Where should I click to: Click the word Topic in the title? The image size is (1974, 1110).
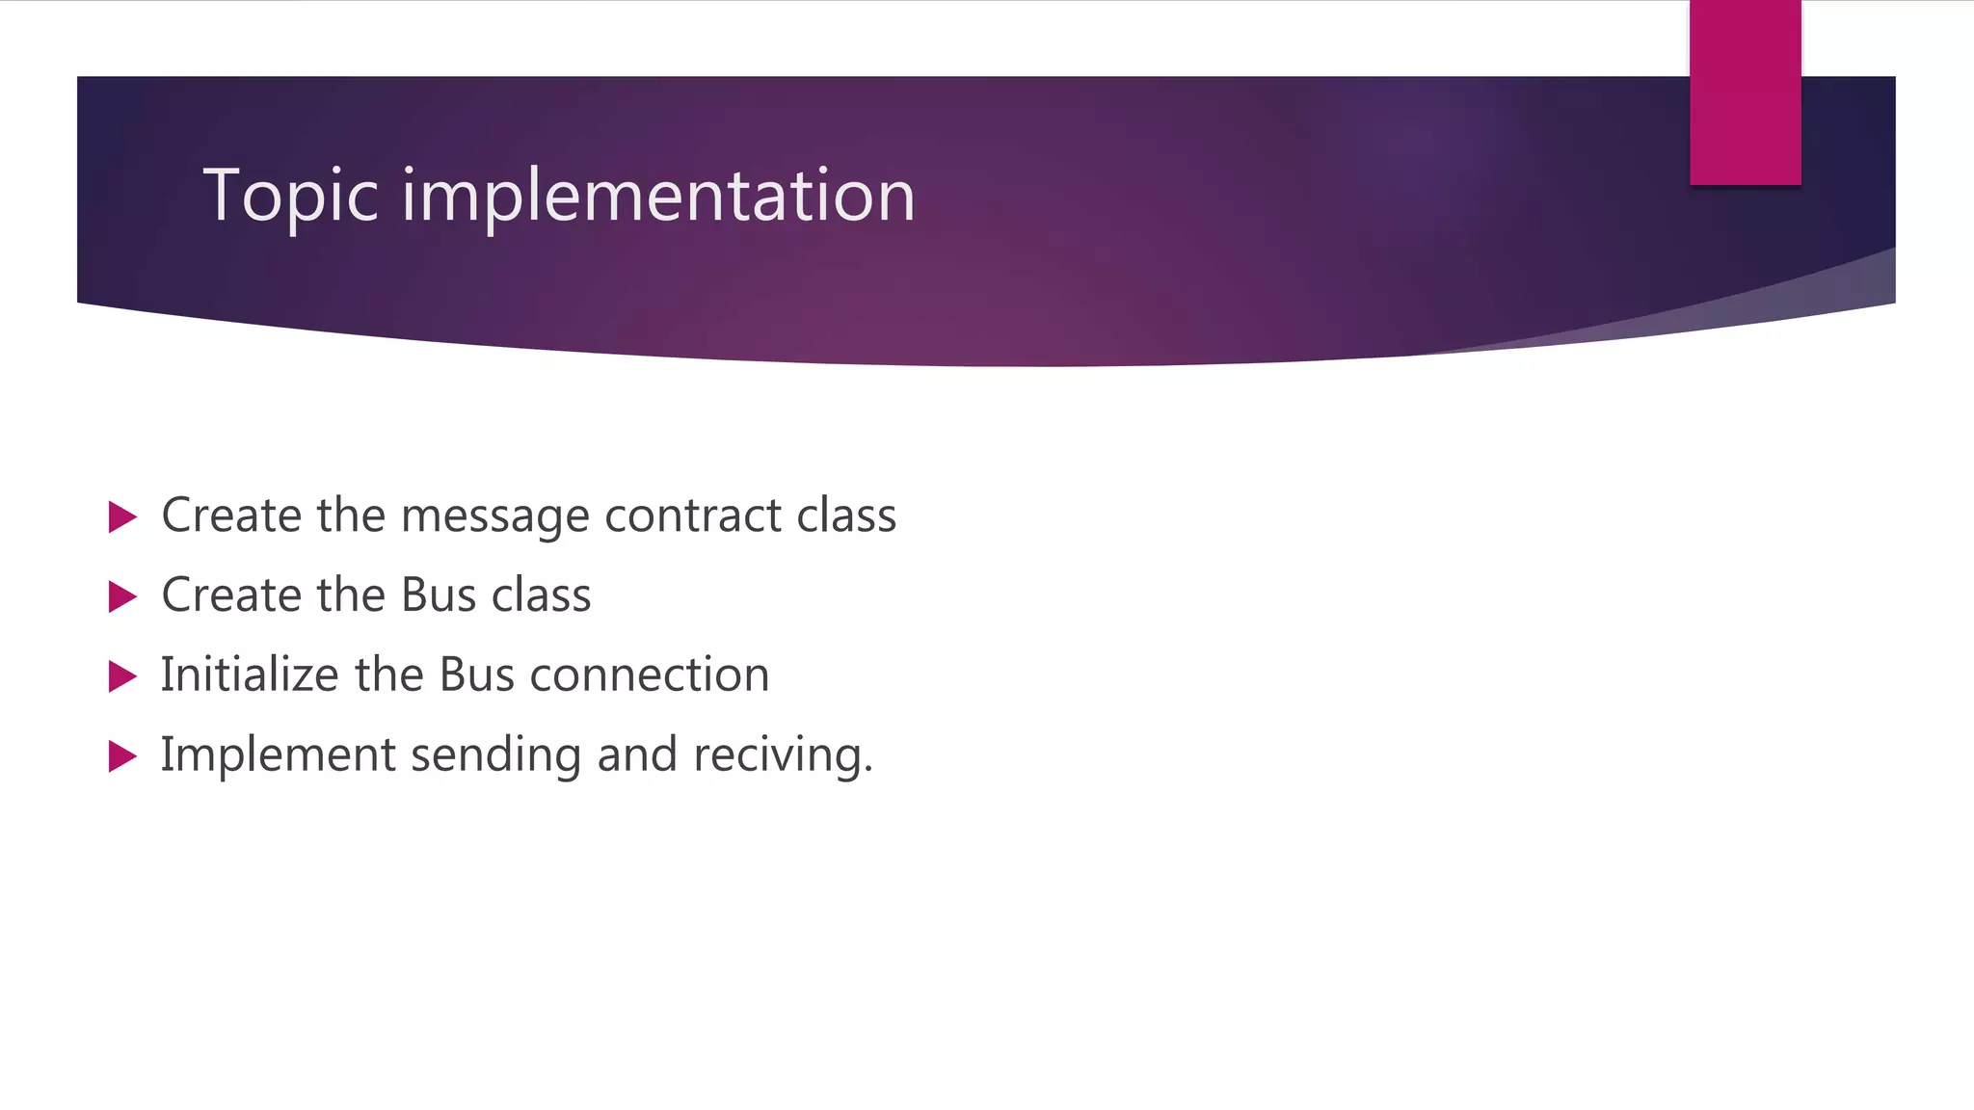coord(290,196)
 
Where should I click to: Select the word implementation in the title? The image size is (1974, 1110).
coord(657,196)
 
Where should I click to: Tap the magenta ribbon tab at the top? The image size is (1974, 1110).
coord(1745,92)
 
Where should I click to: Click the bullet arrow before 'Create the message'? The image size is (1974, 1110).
coord(122,516)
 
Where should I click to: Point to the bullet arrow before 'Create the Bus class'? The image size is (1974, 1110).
coord(122,596)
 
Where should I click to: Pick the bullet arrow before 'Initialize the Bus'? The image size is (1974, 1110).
coord(122,676)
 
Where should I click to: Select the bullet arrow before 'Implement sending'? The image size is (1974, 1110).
coord(122,756)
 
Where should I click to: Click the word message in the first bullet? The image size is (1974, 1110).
coord(494,516)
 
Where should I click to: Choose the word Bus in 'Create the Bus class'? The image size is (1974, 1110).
coord(439,595)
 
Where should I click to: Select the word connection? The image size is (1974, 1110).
coord(650,674)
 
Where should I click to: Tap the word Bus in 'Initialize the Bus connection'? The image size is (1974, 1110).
coord(477,674)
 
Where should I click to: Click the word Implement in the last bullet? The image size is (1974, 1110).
coord(278,754)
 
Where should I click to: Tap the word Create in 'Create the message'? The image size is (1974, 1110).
coord(231,516)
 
